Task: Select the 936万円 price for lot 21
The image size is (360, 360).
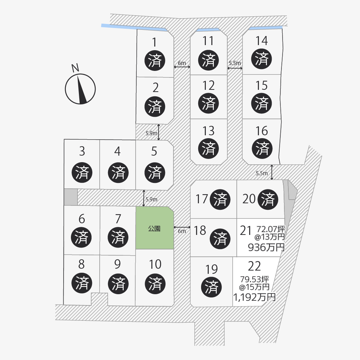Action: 266,248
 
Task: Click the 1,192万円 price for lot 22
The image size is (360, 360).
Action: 254,297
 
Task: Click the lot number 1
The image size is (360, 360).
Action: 155,43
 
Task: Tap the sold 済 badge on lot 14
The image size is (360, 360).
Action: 262,59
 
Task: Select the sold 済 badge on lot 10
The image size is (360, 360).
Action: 155,284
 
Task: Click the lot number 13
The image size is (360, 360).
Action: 209,131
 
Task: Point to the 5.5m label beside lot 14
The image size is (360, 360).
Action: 235,63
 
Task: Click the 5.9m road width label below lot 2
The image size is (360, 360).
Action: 151,133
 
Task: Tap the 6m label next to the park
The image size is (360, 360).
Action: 182,231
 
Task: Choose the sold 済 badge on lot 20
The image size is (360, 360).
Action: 268,199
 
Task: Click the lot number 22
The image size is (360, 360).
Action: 254,266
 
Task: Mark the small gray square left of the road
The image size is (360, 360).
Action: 71,197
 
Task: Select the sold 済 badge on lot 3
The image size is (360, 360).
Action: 82,172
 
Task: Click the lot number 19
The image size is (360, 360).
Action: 211,269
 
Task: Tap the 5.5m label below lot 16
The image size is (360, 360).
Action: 261,173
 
